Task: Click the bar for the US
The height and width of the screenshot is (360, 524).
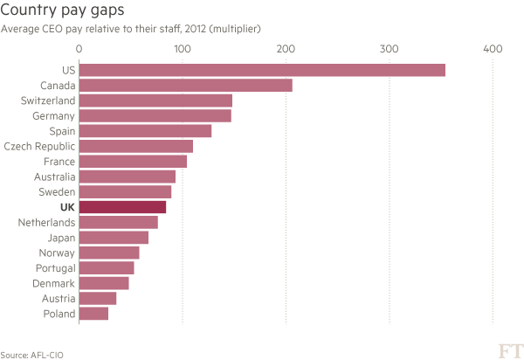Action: coord(262,71)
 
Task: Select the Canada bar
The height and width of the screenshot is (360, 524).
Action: coord(186,86)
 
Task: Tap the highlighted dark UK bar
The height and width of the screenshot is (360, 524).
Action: coord(123,207)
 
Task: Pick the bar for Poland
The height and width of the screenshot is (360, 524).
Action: coord(94,314)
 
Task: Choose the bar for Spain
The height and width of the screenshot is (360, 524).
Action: coord(146,131)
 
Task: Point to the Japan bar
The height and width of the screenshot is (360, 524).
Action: coord(114,238)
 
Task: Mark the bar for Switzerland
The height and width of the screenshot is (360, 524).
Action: coord(155,100)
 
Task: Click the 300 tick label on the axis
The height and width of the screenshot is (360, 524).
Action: coord(388,49)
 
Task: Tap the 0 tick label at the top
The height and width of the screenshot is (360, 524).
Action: coord(79,49)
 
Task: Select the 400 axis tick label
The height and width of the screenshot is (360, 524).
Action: coord(493,49)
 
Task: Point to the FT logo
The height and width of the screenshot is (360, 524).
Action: coord(509,350)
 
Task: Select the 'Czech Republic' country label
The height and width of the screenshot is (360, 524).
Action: coord(40,147)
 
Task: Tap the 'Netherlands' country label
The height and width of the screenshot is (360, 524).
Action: coord(46,223)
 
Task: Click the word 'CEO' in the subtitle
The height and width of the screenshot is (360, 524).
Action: coord(52,29)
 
